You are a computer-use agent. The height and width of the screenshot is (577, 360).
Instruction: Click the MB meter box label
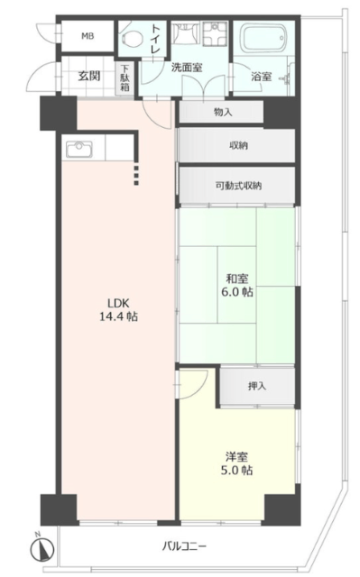[88, 36]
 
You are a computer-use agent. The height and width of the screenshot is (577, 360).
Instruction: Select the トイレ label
[156, 38]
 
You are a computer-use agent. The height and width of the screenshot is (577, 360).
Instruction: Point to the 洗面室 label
[187, 68]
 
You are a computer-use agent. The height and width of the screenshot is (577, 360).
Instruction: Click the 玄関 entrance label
[89, 76]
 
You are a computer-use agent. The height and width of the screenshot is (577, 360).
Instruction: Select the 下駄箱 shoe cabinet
[125, 78]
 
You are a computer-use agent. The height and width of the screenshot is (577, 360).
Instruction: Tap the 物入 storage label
[223, 112]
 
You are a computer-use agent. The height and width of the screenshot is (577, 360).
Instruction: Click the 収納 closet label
[238, 146]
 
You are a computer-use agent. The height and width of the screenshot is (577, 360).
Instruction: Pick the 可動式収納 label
[238, 186]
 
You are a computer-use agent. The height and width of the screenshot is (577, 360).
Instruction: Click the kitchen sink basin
[79, 148]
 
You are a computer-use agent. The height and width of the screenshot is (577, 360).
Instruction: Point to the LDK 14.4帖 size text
[118, 310]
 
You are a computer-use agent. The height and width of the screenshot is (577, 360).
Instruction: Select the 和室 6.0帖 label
[237, 285]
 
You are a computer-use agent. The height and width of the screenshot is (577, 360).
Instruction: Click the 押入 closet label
[257, 386]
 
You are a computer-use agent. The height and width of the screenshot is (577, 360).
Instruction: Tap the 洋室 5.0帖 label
[236, 464]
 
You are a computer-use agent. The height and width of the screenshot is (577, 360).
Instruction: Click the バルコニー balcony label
[185, 545]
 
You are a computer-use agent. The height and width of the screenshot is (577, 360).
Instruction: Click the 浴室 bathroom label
[262, 76]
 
